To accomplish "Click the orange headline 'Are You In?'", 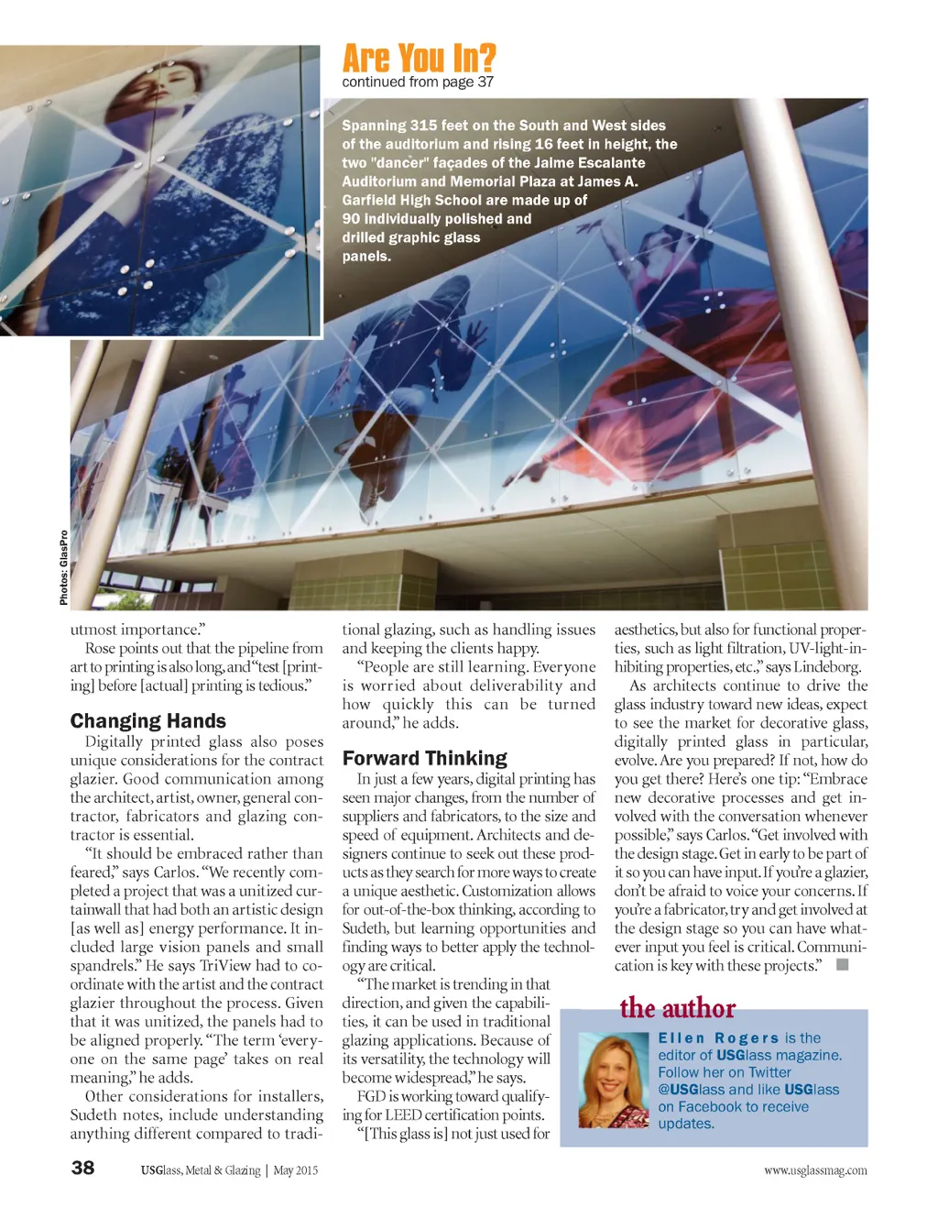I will [x=419, y=58].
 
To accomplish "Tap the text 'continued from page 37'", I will [x=418, y=82].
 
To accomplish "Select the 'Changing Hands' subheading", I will [x=147, y=721].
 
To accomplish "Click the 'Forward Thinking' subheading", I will [x=424, y=758].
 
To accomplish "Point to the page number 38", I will [x=82, y=1168].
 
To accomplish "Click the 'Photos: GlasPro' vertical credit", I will [x=63, y=567].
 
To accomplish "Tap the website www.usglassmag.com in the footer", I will [x=815, y=1170].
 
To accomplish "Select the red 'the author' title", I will [x=677, y=1008].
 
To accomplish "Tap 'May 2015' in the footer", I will [x=296, y=1170].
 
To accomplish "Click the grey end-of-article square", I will [x=843, y=964].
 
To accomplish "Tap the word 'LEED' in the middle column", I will [x=403, y=1114].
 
